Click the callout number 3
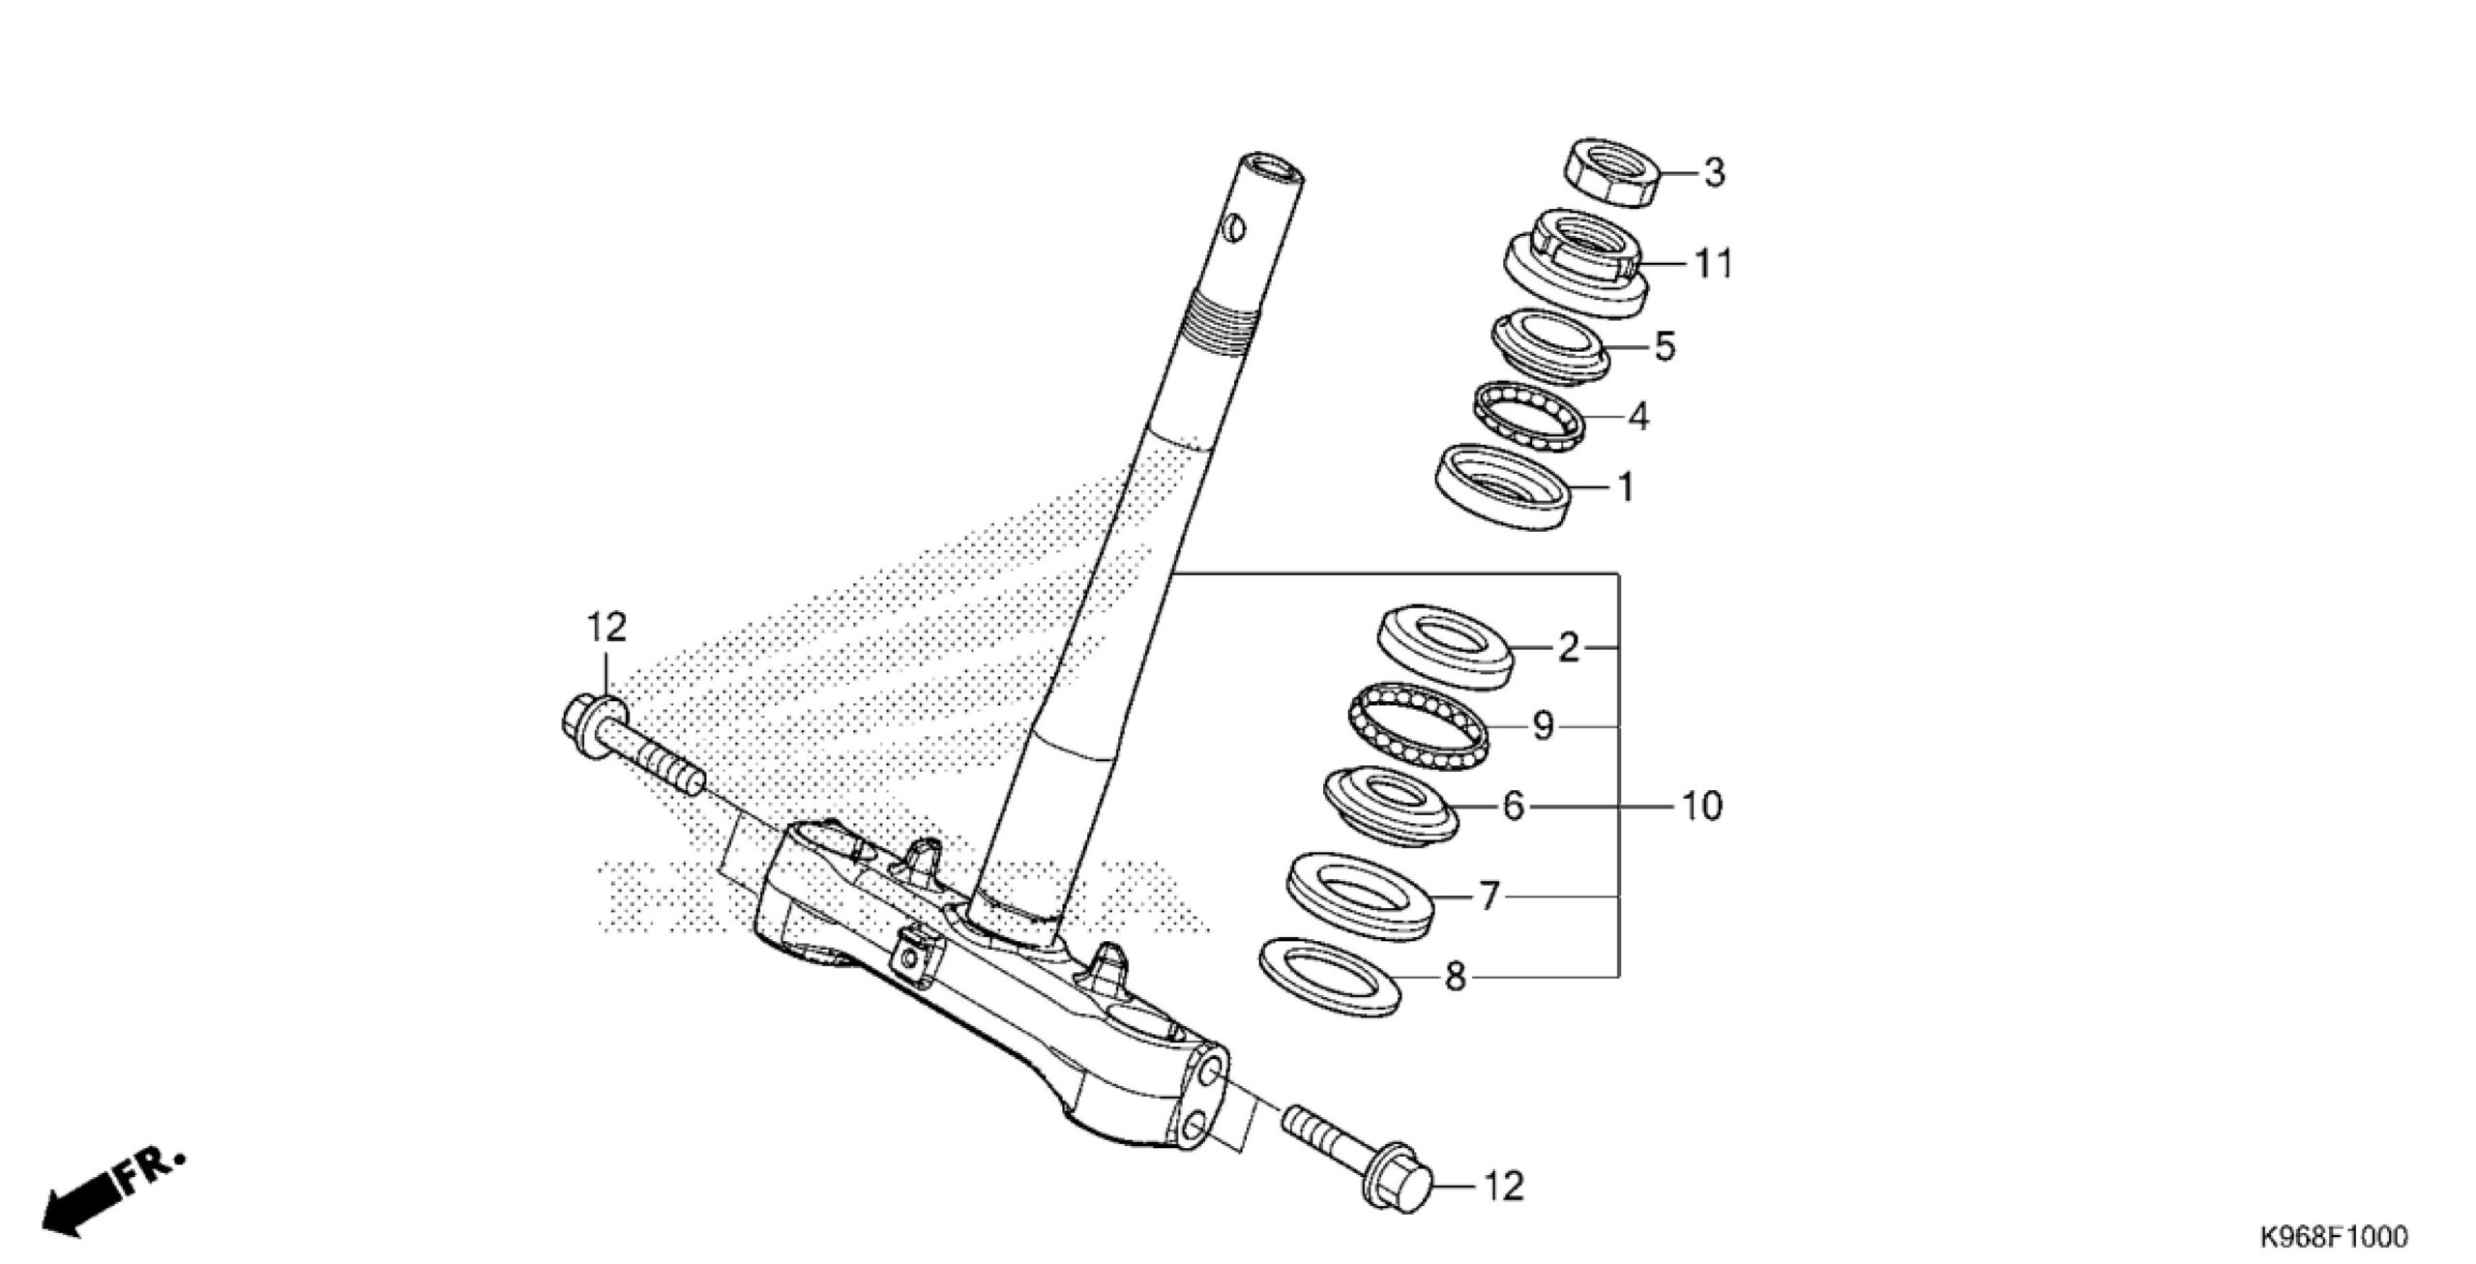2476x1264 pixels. (x=1713, y=174)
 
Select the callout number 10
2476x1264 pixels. (x=1701, y=806)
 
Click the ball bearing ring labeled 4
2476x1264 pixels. (x=1528, y=415)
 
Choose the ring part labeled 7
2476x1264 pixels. (x=1359, y=895)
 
